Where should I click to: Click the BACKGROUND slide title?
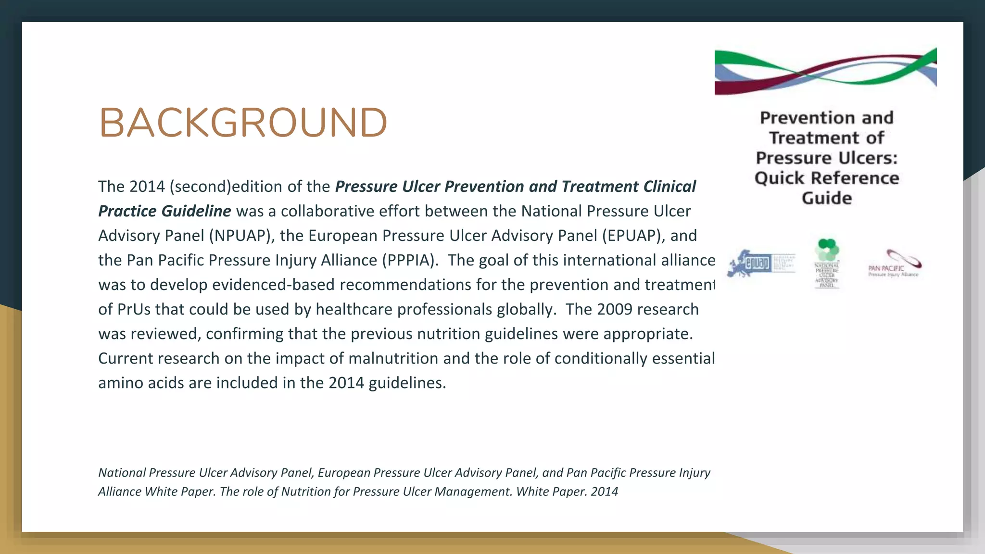243,123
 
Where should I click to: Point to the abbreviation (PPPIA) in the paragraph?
410,260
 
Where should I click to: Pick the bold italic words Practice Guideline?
164,211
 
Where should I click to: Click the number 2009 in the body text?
614,309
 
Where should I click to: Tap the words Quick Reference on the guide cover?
827,178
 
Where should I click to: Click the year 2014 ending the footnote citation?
605,491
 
